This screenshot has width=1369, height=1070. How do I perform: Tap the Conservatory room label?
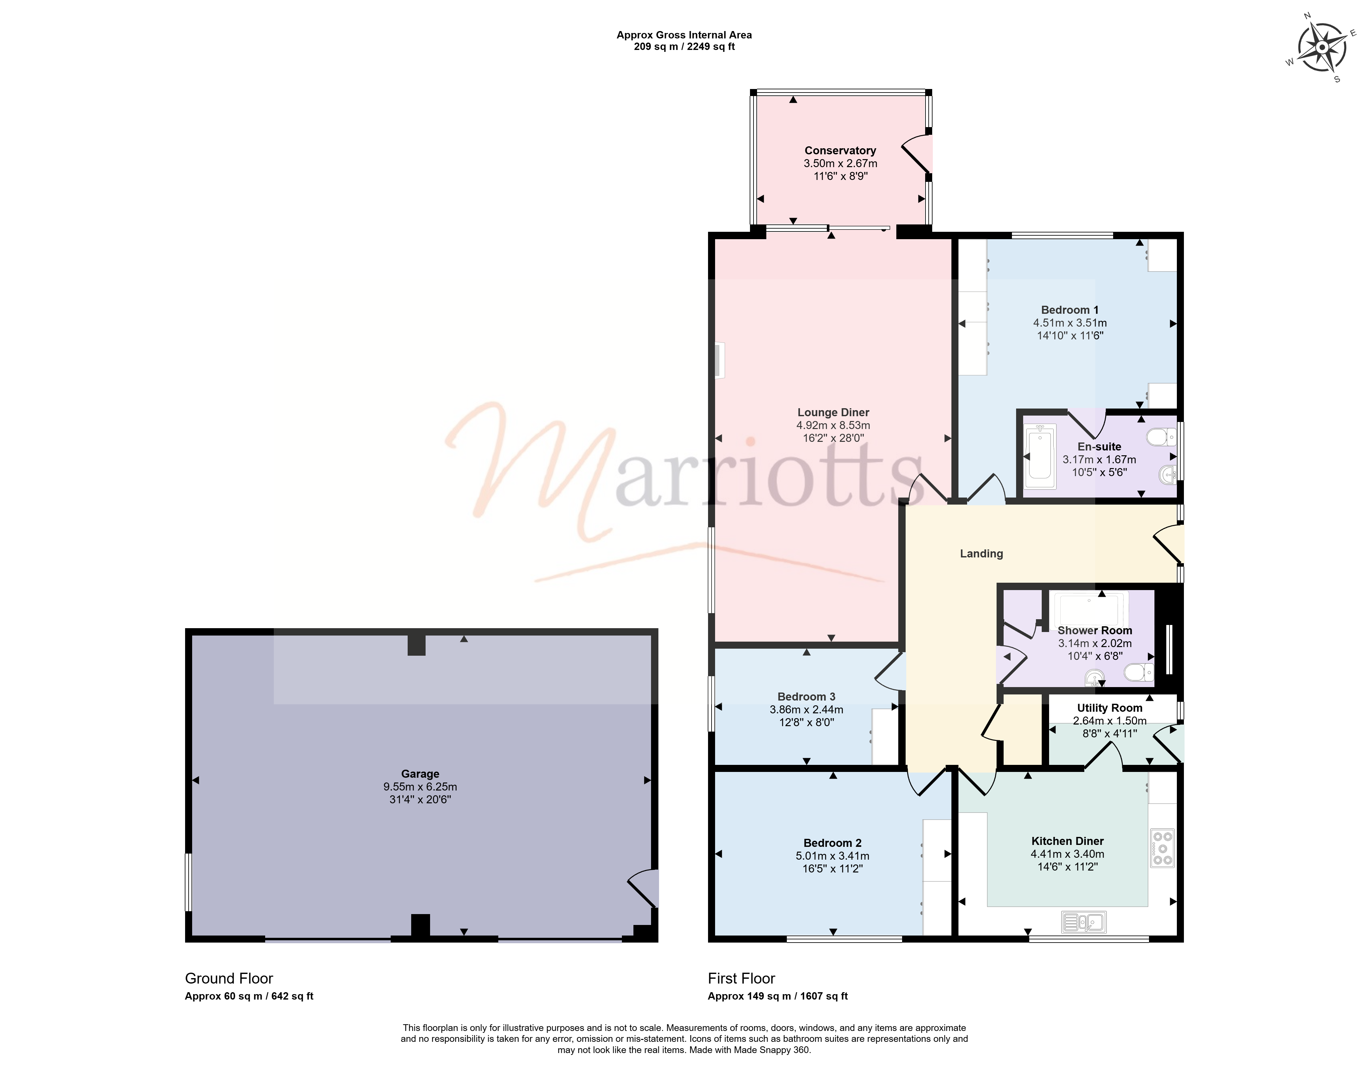tap(840, 150)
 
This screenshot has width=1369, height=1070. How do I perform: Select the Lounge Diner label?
tap(833, 412)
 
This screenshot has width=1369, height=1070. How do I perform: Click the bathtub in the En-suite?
tap(1039, 456)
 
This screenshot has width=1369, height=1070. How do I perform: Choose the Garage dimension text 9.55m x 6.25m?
tap(420, 787)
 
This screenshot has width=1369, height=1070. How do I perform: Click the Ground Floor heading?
tap(229, 978)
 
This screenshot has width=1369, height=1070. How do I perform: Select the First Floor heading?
tap(742, 978)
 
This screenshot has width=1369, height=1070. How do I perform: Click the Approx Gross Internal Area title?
tap(684, 35)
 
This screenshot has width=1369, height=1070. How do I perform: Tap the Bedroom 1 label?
tap(1069, 310)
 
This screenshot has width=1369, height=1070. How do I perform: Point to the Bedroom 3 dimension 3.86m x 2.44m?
tap(806, 709)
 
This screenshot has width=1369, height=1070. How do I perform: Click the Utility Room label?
tap(1110, 708)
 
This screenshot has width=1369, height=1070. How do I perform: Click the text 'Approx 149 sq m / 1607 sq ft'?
tap(777, 996)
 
